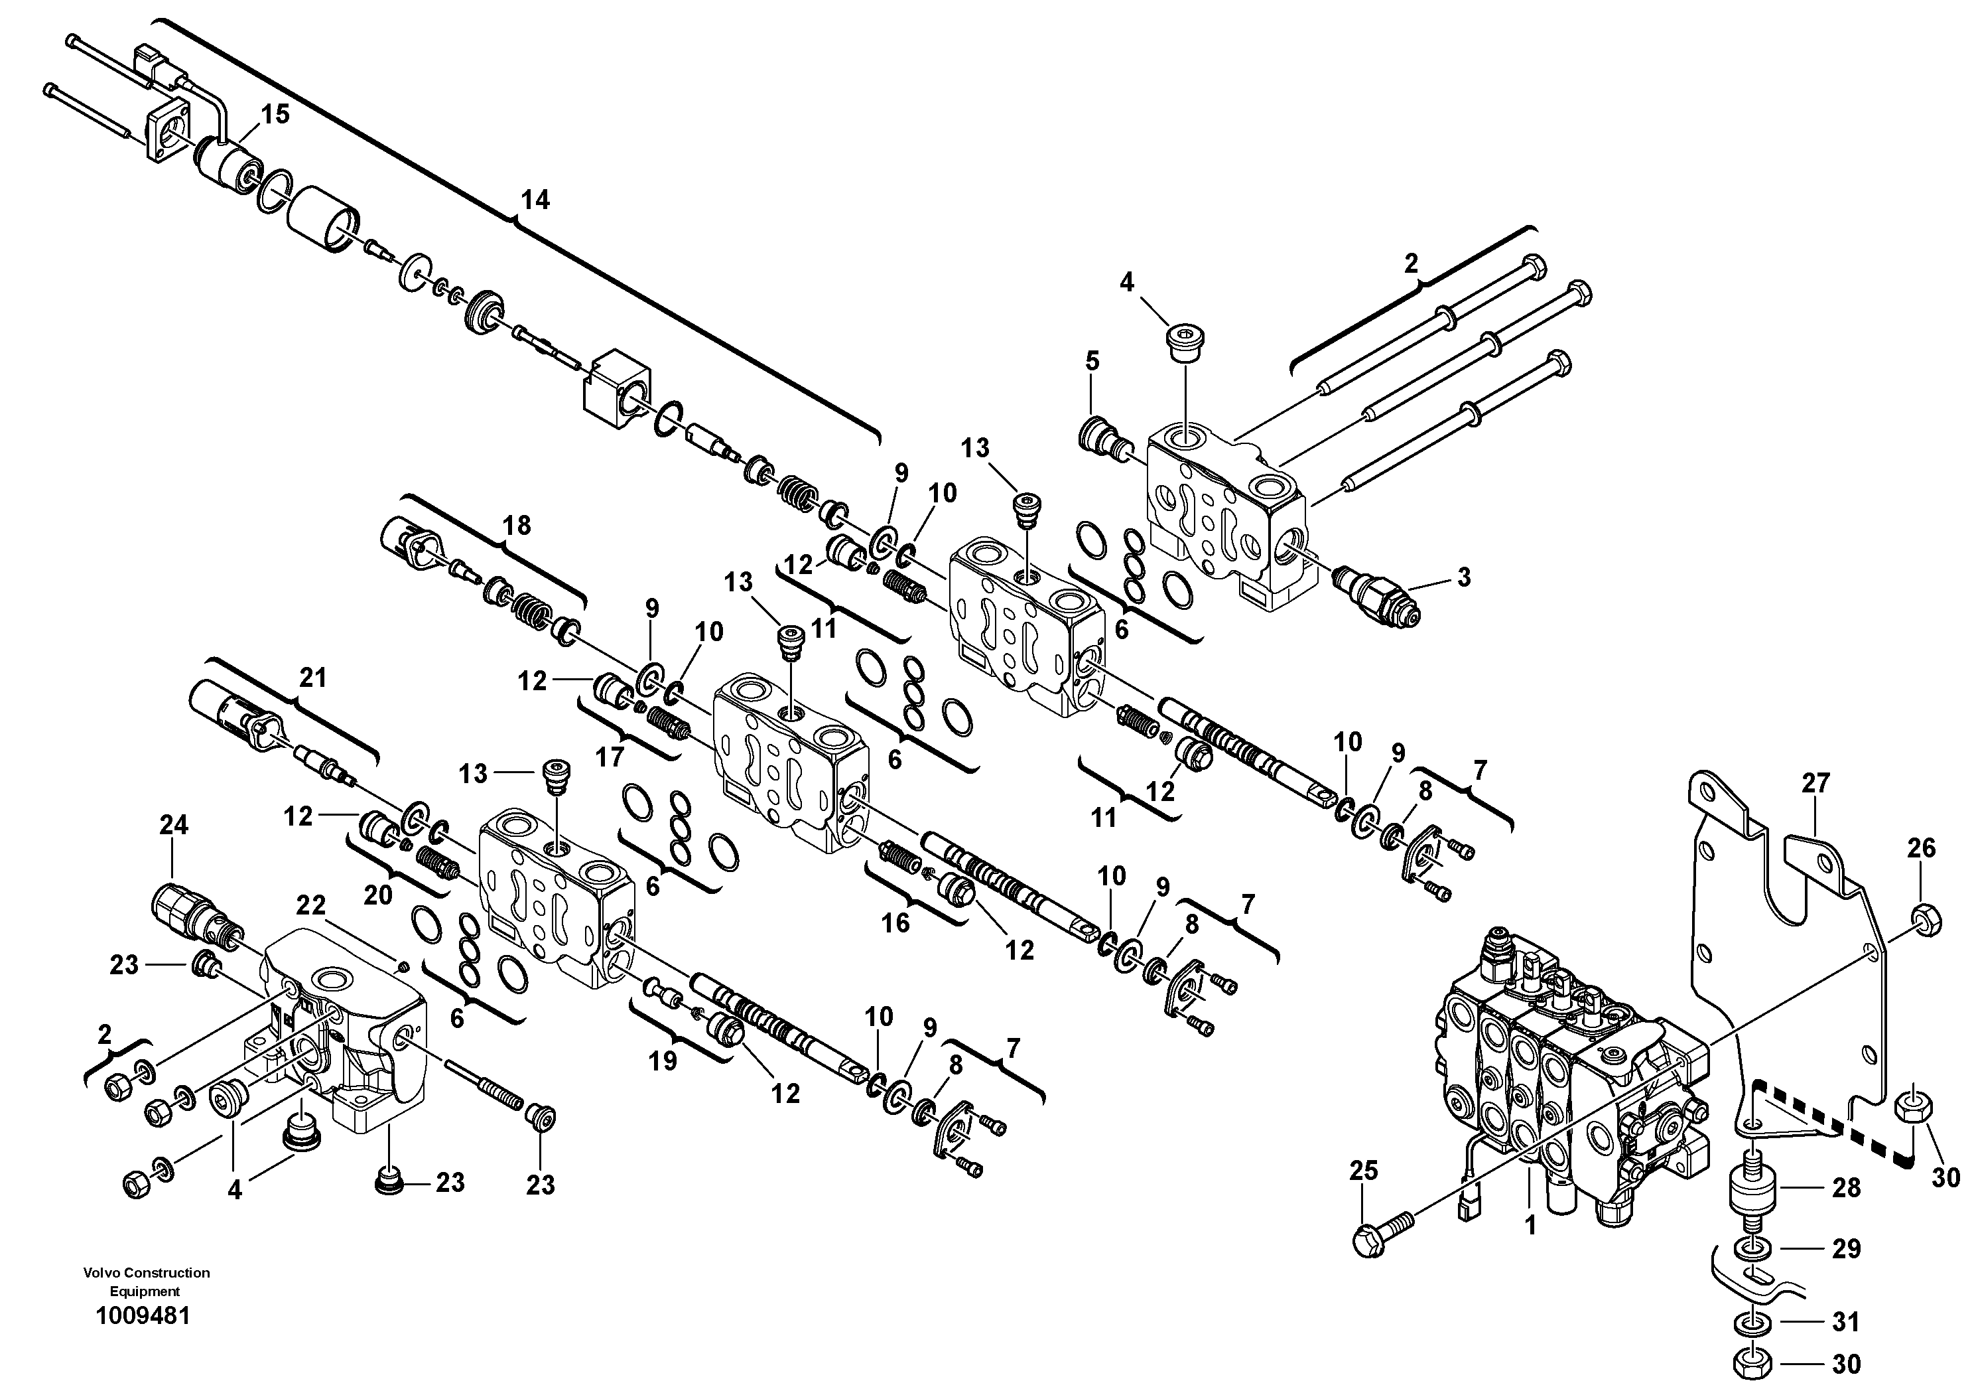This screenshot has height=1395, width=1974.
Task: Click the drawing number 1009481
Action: [143, 1316]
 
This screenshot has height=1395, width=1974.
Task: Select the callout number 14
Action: [534, 200]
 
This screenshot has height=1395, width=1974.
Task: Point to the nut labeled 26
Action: [1924, 921]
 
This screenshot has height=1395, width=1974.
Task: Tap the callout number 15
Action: [275, 114]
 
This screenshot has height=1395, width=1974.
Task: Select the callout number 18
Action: [517, 525]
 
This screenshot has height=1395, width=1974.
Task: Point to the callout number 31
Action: [1846, 1321]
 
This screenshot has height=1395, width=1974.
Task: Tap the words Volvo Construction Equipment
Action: [146, 1281]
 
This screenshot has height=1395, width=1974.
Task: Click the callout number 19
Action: [662, 1061]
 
